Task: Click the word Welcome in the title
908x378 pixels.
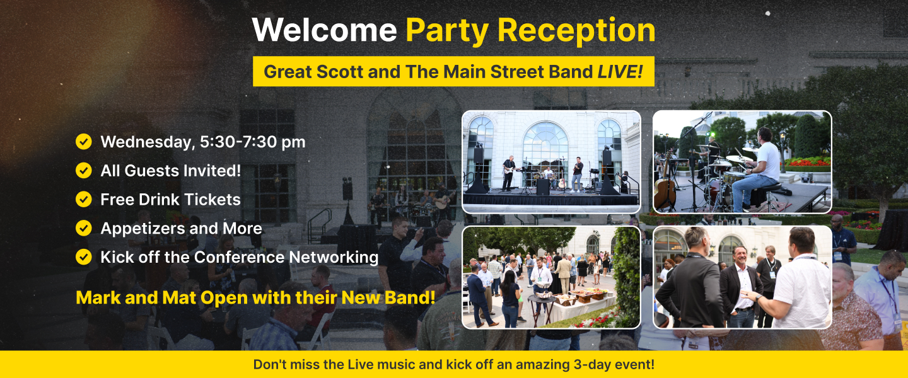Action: (x=324, y=30)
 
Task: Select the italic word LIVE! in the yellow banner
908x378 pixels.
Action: (x=620, y=71)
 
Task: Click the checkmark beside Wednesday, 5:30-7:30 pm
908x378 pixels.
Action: (x=83, y=142)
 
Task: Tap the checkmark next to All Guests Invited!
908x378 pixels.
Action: (x=83, y=171)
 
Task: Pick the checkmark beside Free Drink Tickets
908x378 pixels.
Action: (x=83, y=200)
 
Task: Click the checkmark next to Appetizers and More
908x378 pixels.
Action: (x=83, y=228)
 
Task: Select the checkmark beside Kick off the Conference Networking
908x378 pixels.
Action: (x=83, y=257)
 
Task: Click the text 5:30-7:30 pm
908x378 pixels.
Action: (x=252, y=142)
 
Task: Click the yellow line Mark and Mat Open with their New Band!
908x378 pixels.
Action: (x=255, y=297)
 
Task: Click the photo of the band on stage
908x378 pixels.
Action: (x=551, y=162)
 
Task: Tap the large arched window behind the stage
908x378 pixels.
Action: (x=545, y=144)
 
